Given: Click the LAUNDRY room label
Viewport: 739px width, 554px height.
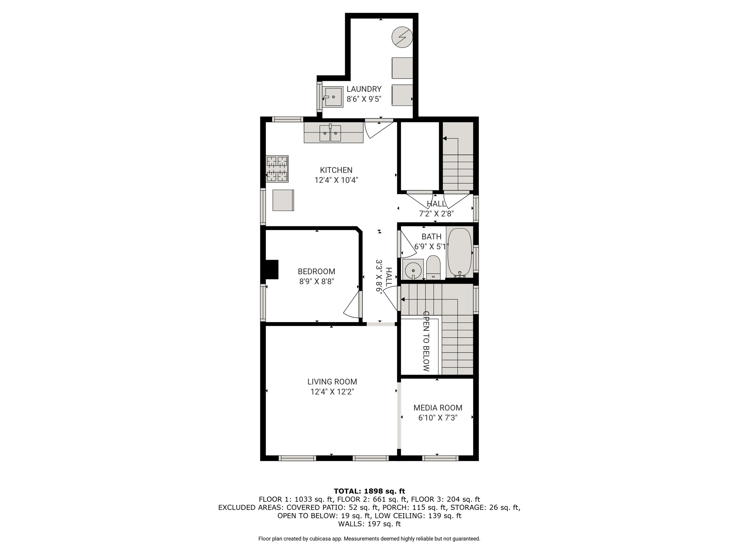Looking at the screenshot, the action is tap(364, 89).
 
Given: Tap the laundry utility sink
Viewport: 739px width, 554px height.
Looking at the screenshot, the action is tap(333, 97).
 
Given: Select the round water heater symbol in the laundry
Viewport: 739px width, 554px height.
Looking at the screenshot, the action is tap(402, 37).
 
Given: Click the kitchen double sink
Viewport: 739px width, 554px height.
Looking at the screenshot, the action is tap(330, 133).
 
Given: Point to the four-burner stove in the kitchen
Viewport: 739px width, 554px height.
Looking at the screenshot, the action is tap(277, 169).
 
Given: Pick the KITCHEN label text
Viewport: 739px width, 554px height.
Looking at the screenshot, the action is tap(336, 170).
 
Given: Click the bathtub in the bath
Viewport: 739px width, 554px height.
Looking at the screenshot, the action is tap(459, 252).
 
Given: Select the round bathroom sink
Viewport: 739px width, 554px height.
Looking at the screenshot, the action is tap(413, 269).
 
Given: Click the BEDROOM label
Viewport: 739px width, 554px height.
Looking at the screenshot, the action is tap(316, 271).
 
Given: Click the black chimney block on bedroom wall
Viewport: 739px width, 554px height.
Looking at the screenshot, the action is tap(272, 269).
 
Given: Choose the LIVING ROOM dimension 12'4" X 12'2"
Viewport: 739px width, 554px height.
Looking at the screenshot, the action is tap(332, 392).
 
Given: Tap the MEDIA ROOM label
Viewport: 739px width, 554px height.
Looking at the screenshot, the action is tap(438, 408).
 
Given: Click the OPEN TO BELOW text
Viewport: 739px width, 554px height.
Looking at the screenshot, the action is tap(426, 341).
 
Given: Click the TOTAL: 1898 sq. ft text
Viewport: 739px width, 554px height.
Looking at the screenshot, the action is tap(369, 491).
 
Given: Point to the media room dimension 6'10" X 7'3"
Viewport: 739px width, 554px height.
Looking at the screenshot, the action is tap(438, 418).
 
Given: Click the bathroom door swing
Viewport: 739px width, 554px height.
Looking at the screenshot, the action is tap(407, 244).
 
